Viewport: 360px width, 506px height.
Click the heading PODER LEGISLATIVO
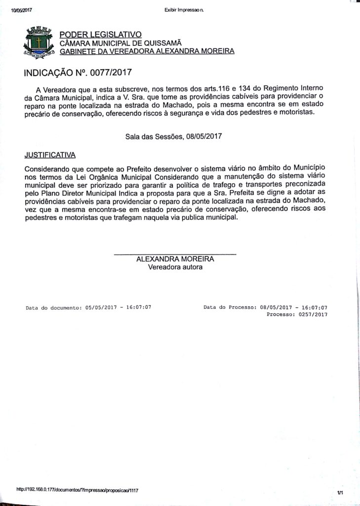click(100, 34)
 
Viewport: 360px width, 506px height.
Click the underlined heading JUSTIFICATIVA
click(50, 155)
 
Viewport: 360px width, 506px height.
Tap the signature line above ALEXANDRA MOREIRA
click(175, 254)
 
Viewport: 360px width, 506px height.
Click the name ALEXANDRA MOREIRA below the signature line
click(175, 259)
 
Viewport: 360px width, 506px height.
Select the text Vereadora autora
click(175, 267)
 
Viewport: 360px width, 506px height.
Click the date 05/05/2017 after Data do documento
click(101, 307)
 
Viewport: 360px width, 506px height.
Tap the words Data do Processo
click(229, 307)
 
